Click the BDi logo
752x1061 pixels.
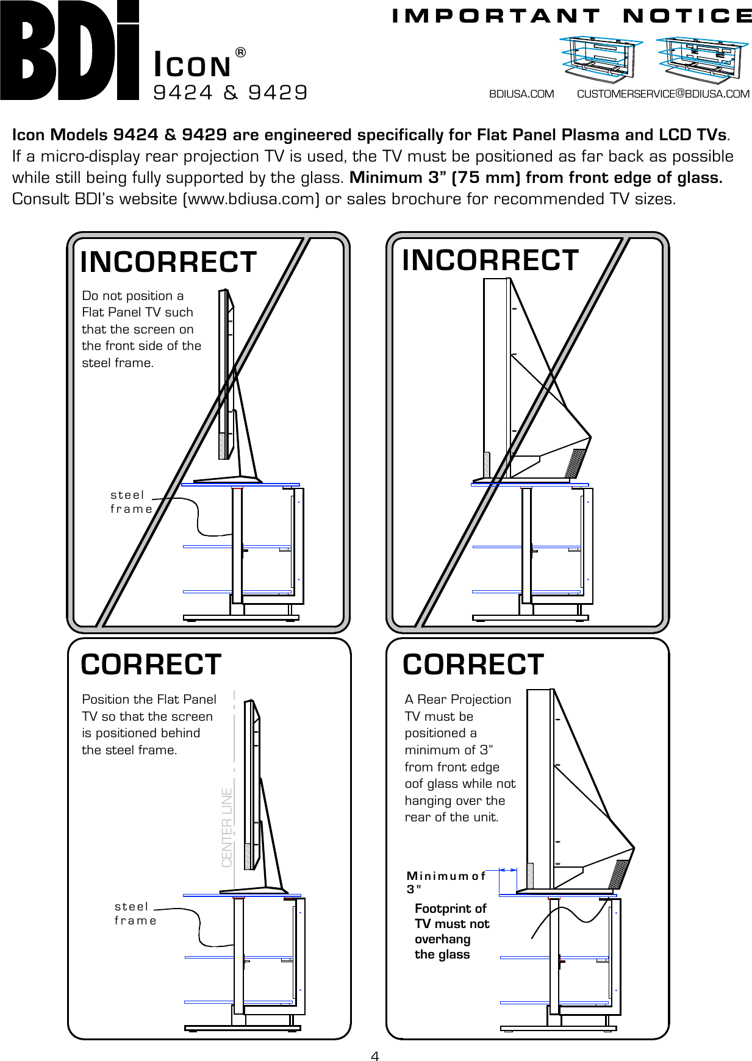(70, 50)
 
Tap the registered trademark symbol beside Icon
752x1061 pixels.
(240, 53)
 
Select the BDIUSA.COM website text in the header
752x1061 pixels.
(521, 94)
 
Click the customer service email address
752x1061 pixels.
(663, 94)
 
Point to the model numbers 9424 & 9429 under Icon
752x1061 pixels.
(231, 92)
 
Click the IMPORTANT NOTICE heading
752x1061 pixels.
(571, 16)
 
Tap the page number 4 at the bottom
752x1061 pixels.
(375, 1056)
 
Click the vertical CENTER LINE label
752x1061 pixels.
(227, 827)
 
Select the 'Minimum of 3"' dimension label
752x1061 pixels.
(446, 882)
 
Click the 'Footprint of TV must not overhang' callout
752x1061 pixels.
(451, 931)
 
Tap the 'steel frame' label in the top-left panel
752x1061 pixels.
(131, 502)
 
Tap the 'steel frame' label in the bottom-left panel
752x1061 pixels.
(135, 913)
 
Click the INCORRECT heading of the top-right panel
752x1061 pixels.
(490, 260)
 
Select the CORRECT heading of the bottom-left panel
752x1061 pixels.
(151, 665)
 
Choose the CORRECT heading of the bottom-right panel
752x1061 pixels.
(473, 665)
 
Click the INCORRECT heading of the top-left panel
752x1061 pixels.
(168, 262)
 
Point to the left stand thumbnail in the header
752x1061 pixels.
(601, 59)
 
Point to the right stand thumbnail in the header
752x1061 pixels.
(701, 59)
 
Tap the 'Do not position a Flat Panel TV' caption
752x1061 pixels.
(141, 329)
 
